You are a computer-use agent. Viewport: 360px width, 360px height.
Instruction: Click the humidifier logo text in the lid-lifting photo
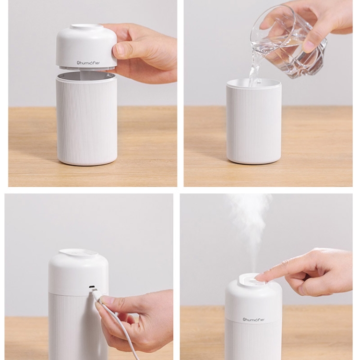pyautogui.click(x=88, y=62)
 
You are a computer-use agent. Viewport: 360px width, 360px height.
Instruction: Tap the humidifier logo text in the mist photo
pyautogui.click(x=253, y=319)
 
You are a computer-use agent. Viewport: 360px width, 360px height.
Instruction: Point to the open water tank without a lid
pyautogui.click(x=253, y=121)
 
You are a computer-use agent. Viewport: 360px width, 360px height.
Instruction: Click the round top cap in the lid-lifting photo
pyautogui.click(x=85, y=26)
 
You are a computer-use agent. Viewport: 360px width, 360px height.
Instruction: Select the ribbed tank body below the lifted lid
pyautogui.click(x=86, y=120)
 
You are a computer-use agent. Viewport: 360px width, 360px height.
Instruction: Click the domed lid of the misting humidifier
pyautogui.click(x=253, y=296)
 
